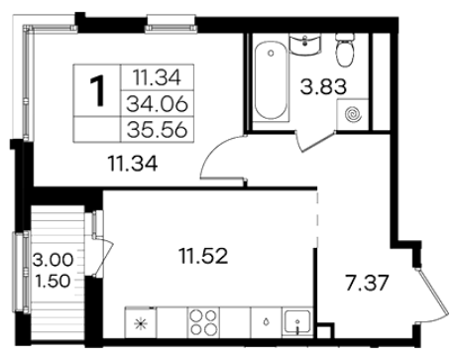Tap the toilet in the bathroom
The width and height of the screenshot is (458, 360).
pyautogui.click(x=346, y=49)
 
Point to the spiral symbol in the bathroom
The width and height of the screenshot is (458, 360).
pyautogui.click(x=354, y=115)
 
